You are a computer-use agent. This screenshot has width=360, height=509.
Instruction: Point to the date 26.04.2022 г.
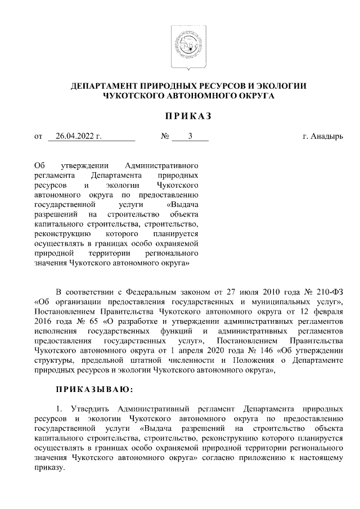click(x=75, y=136)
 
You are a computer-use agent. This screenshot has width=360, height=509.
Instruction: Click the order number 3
click(x=190, y=136)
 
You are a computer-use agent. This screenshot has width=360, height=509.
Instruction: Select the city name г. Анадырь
click(x=323, y=136)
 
